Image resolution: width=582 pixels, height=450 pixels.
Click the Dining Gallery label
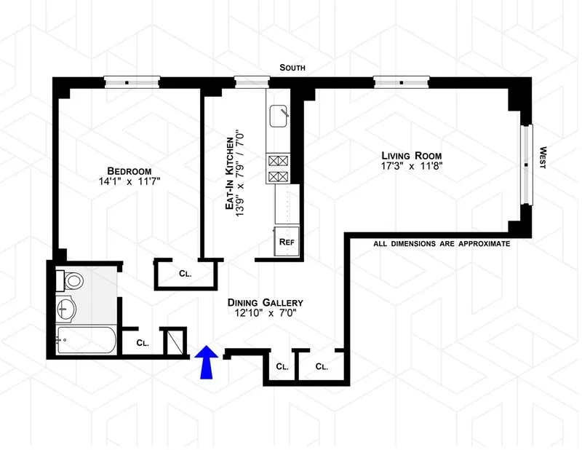coord(265,302)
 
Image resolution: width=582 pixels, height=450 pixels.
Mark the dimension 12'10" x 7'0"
coord(265,315)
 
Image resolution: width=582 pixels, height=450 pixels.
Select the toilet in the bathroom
coord(71,281)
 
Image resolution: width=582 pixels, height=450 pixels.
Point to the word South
coord(292,68)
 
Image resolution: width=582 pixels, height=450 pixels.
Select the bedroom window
coord(132,82)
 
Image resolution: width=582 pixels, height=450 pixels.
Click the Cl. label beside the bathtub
coord(143,342)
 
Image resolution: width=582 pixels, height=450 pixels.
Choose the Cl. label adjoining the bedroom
coord(186,275)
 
